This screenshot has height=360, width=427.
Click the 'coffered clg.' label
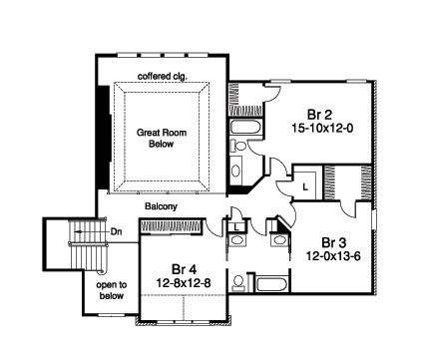click(x=162, y=76)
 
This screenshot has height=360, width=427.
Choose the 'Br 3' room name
click(x=333, y=241)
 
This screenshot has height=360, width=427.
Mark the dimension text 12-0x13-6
click(x=333, y=256)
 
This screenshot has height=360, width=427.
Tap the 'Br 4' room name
click(x=184, y=270)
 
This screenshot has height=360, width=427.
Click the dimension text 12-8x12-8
click(x=184, y=285)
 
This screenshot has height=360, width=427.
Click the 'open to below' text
click(x=112, y=289)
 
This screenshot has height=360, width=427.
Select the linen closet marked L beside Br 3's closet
click(x=306, y=184)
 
